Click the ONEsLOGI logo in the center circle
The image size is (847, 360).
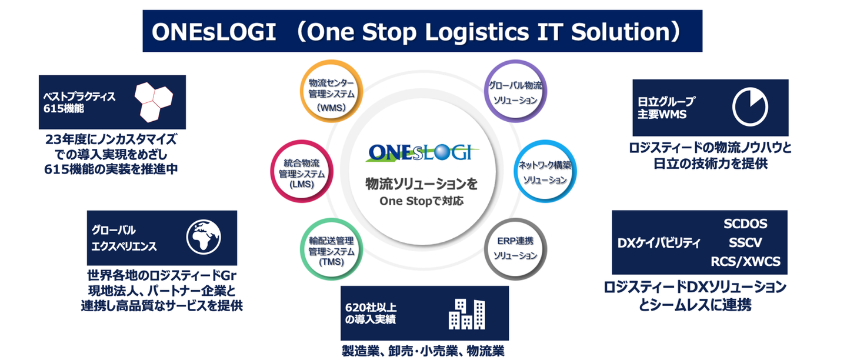tap(422, 152)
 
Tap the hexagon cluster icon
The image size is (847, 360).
tap(154, 102)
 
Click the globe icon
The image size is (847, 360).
tap(204, 237)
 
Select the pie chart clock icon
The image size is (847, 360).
tap(750, 107)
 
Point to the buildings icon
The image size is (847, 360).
tap(466, 314)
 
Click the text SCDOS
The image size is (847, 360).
tap(745, 224)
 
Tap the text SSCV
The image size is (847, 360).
tap(745, 242)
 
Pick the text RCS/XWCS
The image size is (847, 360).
tap(745, 261)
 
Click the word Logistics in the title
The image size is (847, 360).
tap(477, 32)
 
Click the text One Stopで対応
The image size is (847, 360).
tap(421, 201)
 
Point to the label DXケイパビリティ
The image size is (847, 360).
tap(659, 243)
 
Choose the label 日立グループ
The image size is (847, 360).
tap(666, 101)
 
